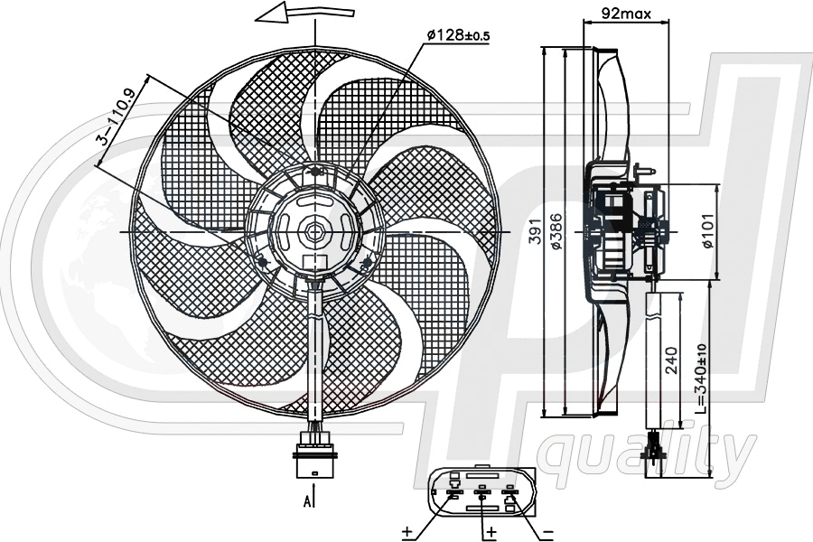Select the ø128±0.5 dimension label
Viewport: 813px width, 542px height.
tap(459, 34)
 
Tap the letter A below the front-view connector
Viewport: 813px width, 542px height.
tap(307, 500)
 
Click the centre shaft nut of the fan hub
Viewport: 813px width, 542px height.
tap(314, 231)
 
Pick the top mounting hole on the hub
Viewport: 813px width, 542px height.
tap(314, 172)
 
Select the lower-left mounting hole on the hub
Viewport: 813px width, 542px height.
tap(263, 262)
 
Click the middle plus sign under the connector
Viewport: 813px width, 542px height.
tap(491, 531)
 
